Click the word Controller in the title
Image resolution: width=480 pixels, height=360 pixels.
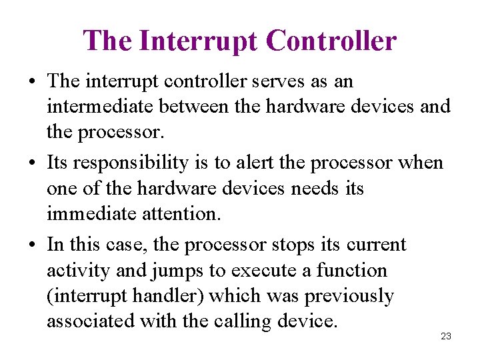click(331, 41)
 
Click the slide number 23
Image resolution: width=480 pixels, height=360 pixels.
click(446, 336)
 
